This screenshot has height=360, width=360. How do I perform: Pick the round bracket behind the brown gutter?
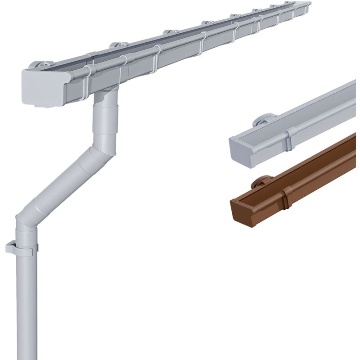tap(261, 182)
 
